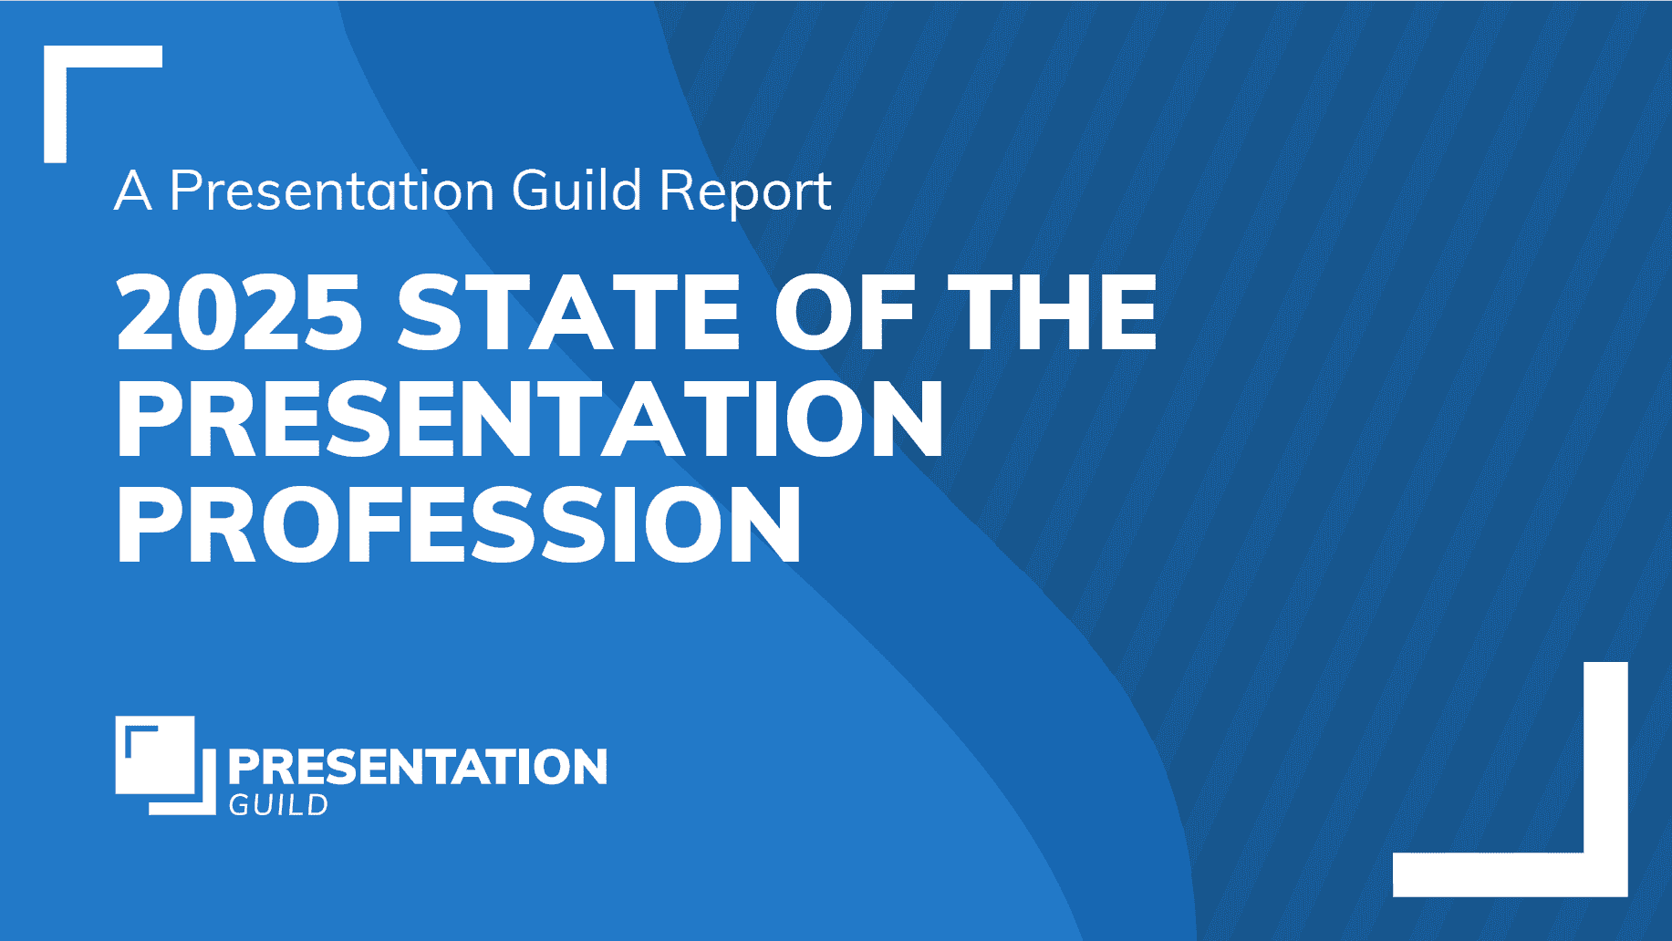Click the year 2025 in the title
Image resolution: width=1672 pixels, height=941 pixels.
(239, 312)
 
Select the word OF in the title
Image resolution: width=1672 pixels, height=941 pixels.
(845, 312)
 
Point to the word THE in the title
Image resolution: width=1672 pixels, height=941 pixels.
(1053, 312)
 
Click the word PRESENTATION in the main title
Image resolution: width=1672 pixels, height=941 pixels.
(530, 419)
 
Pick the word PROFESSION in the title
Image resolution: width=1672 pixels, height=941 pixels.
(459, 525)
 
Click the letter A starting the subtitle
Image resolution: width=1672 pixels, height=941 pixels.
(133, 191)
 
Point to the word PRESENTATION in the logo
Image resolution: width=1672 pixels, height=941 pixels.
(417, 767)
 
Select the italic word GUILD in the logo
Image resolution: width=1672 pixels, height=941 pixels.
(278, 805)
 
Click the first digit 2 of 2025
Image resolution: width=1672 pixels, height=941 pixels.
(146, 312)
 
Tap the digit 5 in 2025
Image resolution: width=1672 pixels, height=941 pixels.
(334, 313)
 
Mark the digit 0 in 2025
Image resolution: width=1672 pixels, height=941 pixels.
(209, 312)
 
